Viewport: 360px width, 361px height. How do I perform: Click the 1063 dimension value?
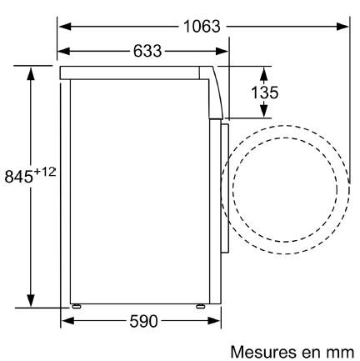point(202,27)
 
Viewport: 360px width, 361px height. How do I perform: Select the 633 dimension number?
point(147,51)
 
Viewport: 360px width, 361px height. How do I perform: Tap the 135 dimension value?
point(264,93)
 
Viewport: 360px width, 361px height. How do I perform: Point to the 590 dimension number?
point(143,321)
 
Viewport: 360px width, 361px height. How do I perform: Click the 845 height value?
point(19,177)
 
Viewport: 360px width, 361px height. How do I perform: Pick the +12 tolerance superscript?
point(45,172)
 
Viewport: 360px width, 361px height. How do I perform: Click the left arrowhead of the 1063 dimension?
point(65,27)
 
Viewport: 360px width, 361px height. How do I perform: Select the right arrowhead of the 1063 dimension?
point(342,27)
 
